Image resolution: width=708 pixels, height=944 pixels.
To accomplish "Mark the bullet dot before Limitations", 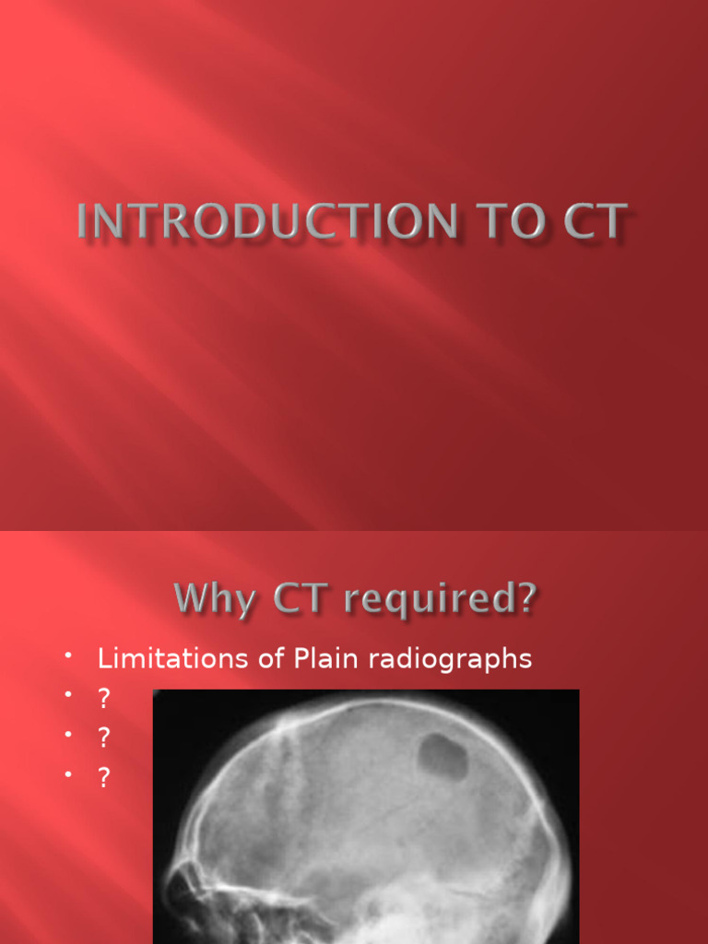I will click(68, 655).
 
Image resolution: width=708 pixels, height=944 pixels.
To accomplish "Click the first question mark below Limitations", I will click(104, 699).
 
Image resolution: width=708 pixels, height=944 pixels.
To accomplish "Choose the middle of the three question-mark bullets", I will click(104, 738).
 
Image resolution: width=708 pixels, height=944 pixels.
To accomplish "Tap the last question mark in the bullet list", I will click(104, 778).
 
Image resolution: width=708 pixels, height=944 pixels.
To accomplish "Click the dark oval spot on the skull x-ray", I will click(443, 757).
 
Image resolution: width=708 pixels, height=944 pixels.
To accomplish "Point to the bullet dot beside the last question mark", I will click(68, 774).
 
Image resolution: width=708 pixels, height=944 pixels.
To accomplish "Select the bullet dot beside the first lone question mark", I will click(68, 695).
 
